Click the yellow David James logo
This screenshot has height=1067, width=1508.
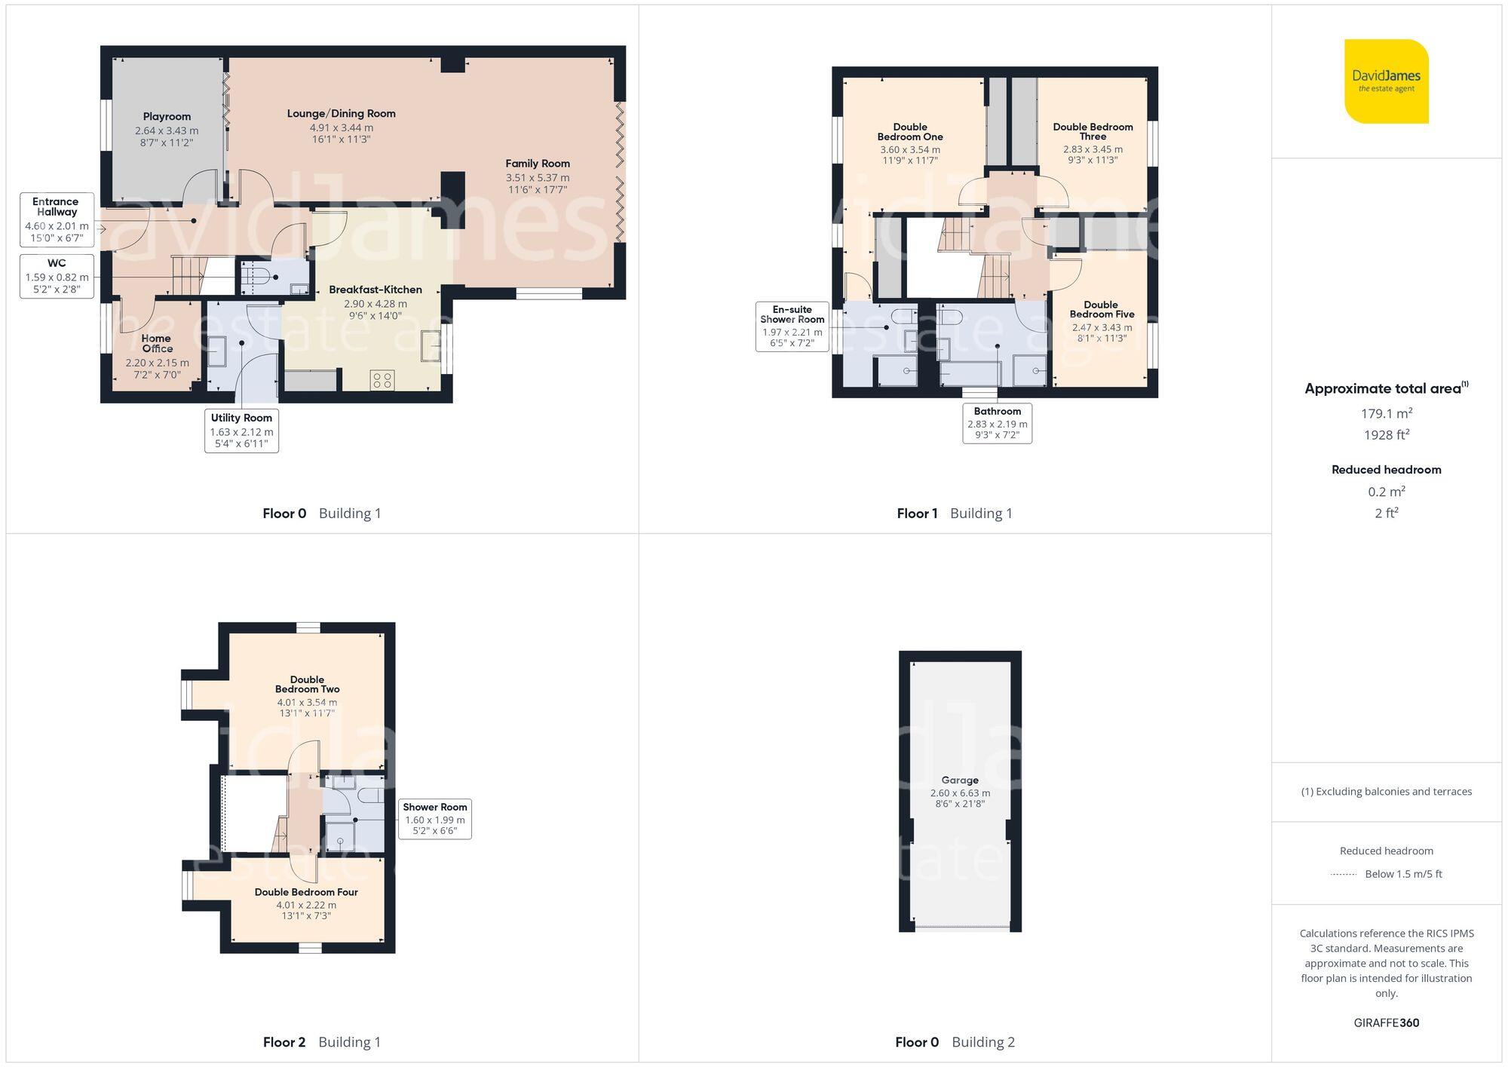1386,81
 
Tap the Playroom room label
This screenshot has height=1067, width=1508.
167,117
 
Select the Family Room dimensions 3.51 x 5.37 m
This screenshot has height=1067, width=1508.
537,178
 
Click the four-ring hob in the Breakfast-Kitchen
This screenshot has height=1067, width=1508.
382,380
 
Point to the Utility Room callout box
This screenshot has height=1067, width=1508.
241,431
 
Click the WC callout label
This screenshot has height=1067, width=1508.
57,276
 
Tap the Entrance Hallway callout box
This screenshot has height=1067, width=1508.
57,219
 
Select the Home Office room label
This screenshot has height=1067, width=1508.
157,343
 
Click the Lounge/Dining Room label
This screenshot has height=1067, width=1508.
341,114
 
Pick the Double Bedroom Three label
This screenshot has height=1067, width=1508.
1093,131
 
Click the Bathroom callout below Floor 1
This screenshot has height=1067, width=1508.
997,423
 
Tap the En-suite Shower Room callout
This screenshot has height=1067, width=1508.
792,327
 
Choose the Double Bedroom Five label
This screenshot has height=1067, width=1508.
1102,309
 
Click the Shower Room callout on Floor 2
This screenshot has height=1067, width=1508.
435,818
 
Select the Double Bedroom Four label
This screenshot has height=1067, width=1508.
306,892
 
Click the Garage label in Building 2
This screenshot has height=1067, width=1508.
960,780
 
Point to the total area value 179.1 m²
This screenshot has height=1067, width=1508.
1386,413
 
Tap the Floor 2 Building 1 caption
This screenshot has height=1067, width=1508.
322,1042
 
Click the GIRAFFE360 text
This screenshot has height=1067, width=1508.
1386,1023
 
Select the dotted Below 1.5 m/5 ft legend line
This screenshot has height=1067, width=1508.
1344,875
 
